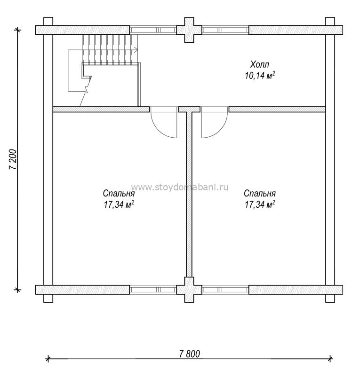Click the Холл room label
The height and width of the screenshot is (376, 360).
(260, 64)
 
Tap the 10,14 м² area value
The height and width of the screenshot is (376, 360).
(260, 76)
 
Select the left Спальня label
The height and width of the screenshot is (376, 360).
(119, 193)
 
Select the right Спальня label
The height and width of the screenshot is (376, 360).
(260, 193)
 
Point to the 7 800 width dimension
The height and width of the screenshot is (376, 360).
(190, 354)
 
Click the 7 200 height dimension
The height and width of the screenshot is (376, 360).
(13, 160)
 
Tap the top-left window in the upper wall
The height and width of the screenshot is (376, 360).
(153, 30)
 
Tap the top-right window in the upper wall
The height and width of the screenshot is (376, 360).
(225, 30)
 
